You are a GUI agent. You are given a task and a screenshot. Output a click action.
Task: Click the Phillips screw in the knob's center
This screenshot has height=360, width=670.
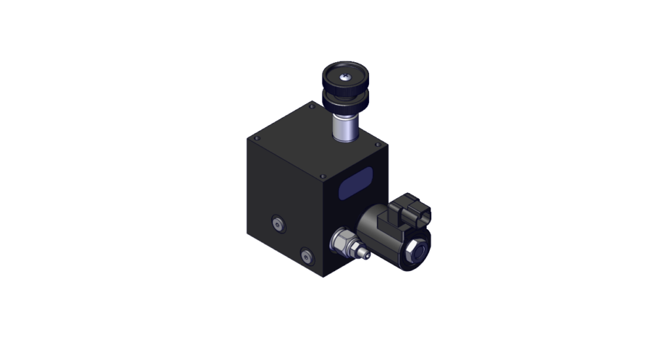coord(345,78)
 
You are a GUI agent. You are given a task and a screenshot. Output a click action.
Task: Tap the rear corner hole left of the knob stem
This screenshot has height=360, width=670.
coord(311,105)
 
